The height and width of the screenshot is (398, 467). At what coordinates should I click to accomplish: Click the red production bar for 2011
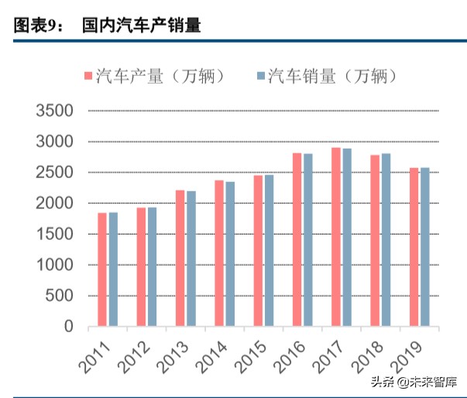(x=102, y=269)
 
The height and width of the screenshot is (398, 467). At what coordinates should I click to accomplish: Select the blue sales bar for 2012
(x=152, y=266)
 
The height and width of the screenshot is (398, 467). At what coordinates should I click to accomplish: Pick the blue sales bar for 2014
(x=230, y=253)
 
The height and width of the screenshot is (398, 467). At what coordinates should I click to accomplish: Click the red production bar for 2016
(x=297, y=239)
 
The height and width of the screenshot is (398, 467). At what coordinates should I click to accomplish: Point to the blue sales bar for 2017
(x=347, y=237)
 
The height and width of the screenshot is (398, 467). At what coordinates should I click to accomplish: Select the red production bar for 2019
(x=414, y=247)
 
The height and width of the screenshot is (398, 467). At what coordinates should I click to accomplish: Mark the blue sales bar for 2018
(x=386, y=239)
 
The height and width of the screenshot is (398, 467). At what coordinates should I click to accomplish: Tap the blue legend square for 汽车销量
(x=259, y=76)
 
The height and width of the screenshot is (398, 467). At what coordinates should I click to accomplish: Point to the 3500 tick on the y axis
(x=54, y=112)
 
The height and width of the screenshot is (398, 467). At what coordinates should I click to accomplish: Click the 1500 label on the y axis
(x=54, y=234)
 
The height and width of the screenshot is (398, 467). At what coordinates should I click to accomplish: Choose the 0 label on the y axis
(x=68, y=327)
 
